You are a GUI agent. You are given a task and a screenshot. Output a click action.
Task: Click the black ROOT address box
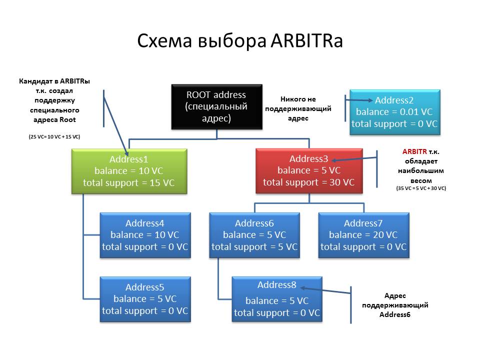(x=216, y=106)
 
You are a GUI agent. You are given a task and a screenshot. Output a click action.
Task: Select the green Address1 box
(x=129, y=171)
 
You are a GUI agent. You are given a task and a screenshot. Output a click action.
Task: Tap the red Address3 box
(x=308, y=170)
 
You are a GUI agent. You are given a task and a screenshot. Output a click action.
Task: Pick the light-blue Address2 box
(x=394, y=112)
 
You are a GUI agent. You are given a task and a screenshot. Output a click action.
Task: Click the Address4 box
(x=145, y=235)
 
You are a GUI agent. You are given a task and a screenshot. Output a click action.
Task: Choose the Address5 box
(x=145, y=299)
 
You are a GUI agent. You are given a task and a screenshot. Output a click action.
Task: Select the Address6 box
(x=254, y=235)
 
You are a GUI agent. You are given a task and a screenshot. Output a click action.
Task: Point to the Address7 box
(x=363, y=235)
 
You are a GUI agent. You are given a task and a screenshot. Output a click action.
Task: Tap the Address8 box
(x=276, y=299)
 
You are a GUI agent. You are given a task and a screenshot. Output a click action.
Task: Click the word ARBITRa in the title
(x=306, y=41)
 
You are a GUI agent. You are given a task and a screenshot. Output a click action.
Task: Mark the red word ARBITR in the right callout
(x=414, y=151)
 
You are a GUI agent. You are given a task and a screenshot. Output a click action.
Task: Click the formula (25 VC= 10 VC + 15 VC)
(x=54, y=136)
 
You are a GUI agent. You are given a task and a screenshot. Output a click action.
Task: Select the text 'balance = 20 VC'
(x=363, y=235)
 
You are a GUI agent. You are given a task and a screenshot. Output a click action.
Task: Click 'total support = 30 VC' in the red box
(x=308, y=182)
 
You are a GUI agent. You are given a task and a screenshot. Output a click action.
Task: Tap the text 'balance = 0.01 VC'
(x=394, y=112)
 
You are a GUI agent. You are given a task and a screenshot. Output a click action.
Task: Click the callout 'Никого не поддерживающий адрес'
(x=298, y=109)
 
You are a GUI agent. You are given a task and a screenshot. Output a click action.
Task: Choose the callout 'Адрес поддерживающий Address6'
(x=395, y=305)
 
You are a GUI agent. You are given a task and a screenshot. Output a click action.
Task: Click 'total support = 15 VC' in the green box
(x=129, y=182)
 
